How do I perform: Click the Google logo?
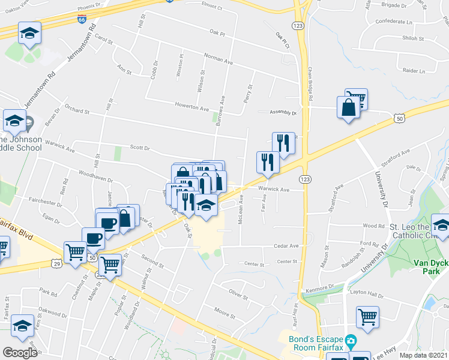(20, 352)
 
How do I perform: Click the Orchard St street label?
(77, 111)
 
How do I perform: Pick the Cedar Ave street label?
(286, 246)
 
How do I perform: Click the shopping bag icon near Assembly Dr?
(349, 109)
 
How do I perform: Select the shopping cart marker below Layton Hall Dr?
(367, 316)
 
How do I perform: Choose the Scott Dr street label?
(139, 147)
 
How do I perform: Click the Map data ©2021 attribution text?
(424, 355)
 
